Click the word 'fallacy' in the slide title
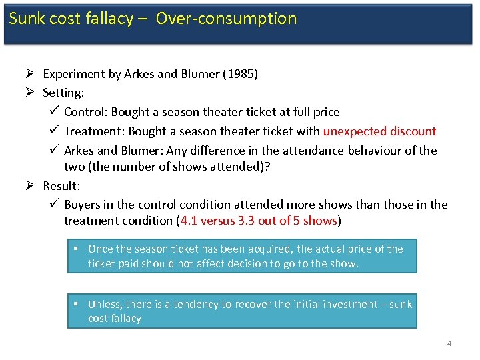click(x=109, y=19)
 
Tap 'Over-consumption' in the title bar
click(x=226, y=19)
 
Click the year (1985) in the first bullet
click(x=239, y=74)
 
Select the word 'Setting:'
click(x=63, y=93)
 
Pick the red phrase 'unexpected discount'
click(x=379, y=131)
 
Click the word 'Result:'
click(x=61, y=185)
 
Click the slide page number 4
click(x=449, y=343)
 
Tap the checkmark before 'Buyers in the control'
click(x=54, y=204)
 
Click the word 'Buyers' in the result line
click(x=82, y=205)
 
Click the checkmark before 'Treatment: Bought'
click(x=54, y=131)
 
